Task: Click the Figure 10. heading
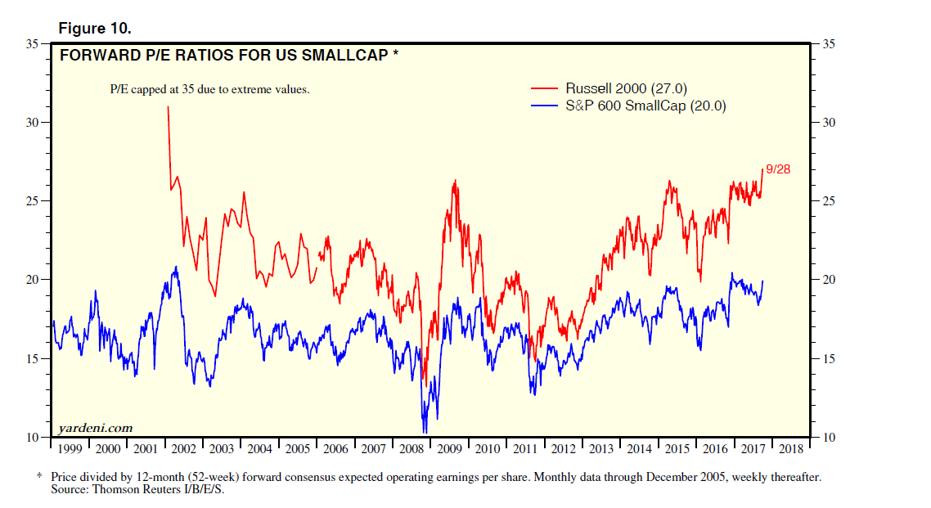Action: pos(95,29)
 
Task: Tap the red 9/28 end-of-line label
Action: pos(778,169)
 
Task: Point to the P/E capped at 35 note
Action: pos(210,89)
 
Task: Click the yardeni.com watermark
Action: pos(96,428)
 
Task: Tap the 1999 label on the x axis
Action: pos(70,449)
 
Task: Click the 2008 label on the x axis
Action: pos(411,449)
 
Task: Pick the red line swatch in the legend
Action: pos(545,88)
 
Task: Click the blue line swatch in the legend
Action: pos(545,106)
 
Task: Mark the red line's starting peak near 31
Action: pos(169,106)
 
